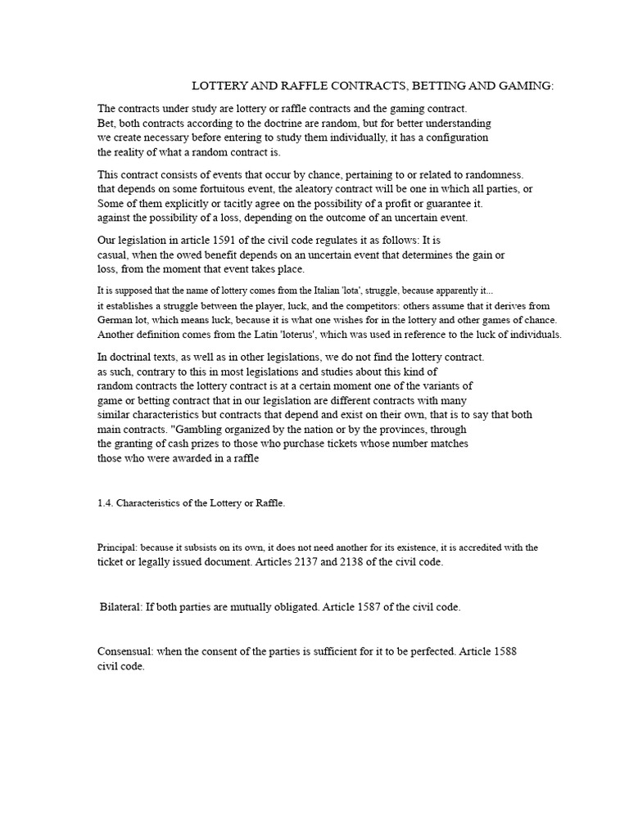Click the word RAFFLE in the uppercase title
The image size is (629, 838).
[x=289, y=85]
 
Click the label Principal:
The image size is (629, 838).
[x=120, y=547]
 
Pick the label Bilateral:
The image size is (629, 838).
[x=121, y=607]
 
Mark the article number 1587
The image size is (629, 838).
[x=372, y=607]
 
